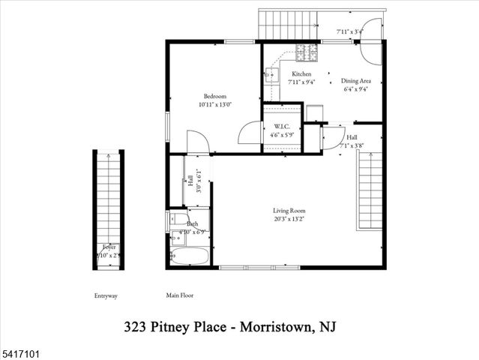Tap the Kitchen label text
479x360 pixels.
(x=301, y=73)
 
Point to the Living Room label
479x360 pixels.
(x=289, y=211)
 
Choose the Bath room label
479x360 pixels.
(x=193, y=223)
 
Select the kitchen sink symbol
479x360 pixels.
(x=271, y=75)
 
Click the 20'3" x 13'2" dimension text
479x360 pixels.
(x=289, y=220)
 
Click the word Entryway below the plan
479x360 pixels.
(x=106, y=295)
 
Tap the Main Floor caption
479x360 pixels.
(x=179, y=295)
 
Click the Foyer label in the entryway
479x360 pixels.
(x=109, y=247)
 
